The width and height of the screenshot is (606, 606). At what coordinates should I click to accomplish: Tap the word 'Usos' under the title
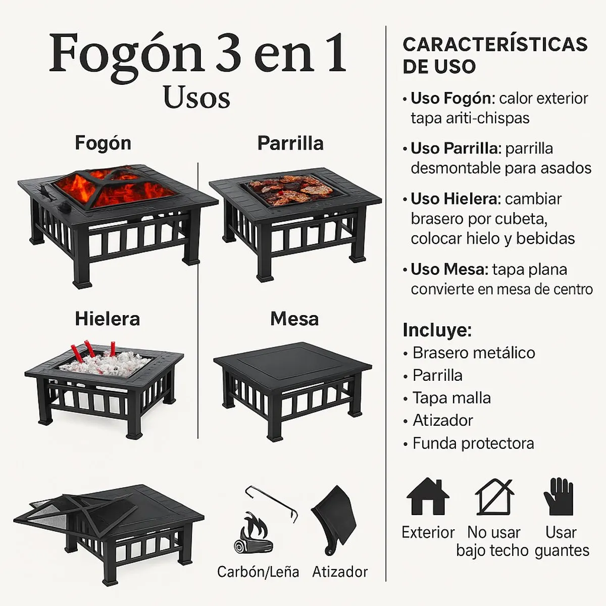tap(196, 97)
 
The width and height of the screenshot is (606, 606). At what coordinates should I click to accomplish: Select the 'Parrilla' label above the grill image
tap(290, 143)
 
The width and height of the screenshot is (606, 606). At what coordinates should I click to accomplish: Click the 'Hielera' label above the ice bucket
tap(107, 319)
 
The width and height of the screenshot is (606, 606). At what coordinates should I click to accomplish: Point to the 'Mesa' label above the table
tap(294, 319)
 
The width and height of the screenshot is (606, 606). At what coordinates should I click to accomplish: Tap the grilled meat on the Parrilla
tap(290, 188)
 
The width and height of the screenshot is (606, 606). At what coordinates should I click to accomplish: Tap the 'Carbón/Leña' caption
tap(258, 572)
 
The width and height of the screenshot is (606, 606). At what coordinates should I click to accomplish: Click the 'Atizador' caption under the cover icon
tap(340, 572)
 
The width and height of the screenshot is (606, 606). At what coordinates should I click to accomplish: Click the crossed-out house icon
tap(494, 497)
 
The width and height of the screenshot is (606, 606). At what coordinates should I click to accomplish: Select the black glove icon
tap(559, 496)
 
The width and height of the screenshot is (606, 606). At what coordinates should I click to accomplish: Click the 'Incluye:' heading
tap(437, 330)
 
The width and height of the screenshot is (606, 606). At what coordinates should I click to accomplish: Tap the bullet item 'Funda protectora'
tap(473, 443)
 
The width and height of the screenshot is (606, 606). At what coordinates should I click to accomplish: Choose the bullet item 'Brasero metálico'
tap(473, 352)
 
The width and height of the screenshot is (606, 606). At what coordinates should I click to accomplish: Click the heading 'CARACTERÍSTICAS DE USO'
tap(495, 55)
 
